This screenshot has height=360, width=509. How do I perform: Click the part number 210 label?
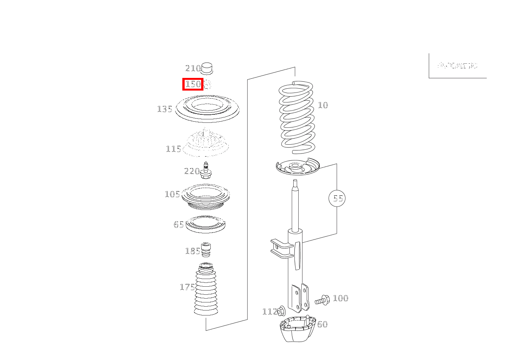193,68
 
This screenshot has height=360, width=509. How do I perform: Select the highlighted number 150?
193,84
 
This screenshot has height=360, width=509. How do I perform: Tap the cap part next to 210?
207,68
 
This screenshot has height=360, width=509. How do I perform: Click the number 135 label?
165,109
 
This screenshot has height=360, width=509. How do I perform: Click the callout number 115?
174,149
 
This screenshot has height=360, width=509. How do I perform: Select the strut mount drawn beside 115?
206,144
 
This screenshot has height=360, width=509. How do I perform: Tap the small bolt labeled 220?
206,171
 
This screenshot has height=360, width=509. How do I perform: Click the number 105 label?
172,194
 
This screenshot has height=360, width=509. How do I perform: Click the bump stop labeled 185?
207,250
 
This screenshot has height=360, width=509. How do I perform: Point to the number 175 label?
187,287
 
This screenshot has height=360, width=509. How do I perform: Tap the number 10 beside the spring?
323,105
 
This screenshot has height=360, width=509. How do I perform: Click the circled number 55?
337,198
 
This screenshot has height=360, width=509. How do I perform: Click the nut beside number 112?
281,311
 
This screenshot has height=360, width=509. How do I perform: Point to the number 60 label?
322,324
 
